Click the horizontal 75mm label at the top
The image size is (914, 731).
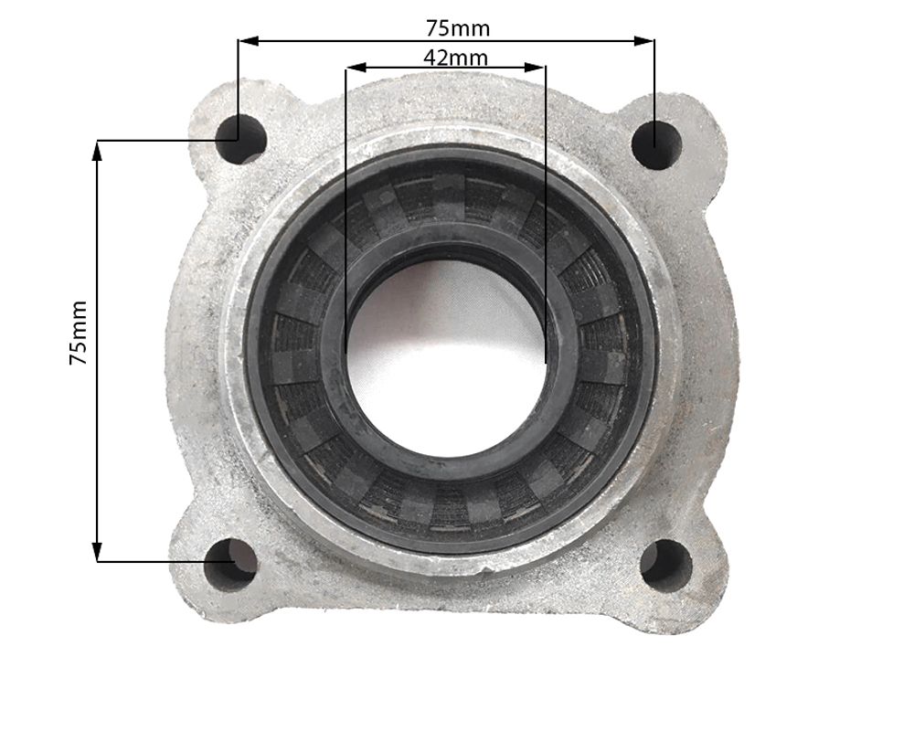tap(458, 28)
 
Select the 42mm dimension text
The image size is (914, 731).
tap(456, 58)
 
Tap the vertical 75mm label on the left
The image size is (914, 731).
tap(78, 333)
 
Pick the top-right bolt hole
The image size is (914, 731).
tap(657, 144)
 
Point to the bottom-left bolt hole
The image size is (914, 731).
tap(231, 565)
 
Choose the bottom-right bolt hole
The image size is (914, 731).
tap(666, 566)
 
